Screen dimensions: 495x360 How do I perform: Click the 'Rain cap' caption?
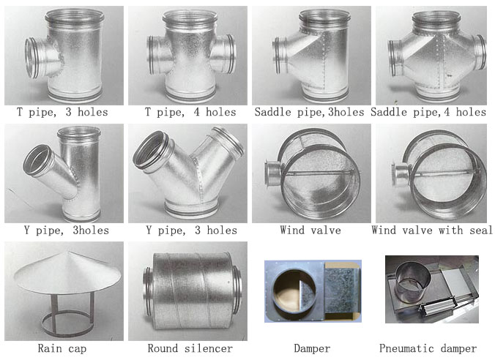coord(62,348)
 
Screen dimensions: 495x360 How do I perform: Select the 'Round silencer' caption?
coord(190,348)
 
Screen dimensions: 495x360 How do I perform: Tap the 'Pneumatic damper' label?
coord(428,348)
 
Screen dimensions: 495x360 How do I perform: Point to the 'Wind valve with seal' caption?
coord(432,230)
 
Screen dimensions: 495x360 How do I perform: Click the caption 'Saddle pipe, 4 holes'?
coord(428,112)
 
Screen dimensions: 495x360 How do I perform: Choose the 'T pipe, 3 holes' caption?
coord(62,112)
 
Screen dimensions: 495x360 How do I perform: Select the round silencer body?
coord(193,291)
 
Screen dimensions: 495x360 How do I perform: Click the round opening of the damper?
coord(294,290)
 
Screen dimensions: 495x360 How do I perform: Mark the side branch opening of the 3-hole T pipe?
coord(32,58)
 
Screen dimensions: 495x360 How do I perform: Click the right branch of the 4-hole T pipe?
coord(225,54)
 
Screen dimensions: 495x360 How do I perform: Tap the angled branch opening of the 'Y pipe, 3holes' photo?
coord(37,160)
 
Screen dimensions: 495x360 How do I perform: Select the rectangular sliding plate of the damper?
coord(343,290)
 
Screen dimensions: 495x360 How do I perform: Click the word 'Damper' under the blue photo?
coord(312,348)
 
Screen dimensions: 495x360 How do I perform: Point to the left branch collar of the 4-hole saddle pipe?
coord(394,59)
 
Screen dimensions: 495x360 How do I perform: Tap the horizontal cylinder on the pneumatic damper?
coord(437,305)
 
